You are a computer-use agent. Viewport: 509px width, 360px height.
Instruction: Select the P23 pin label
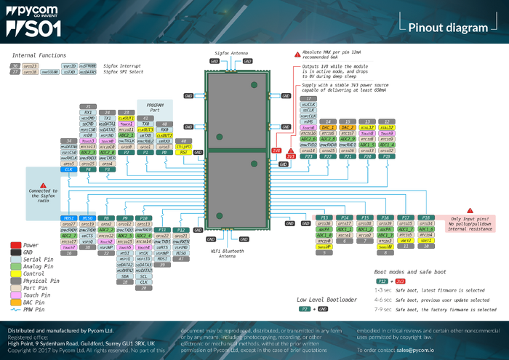coord(309,156)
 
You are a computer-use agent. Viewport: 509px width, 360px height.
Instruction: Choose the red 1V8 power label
coord(277,151)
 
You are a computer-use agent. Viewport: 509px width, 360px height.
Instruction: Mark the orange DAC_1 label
coord(329,127)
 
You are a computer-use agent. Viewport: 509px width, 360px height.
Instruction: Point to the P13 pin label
coord(324,217)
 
